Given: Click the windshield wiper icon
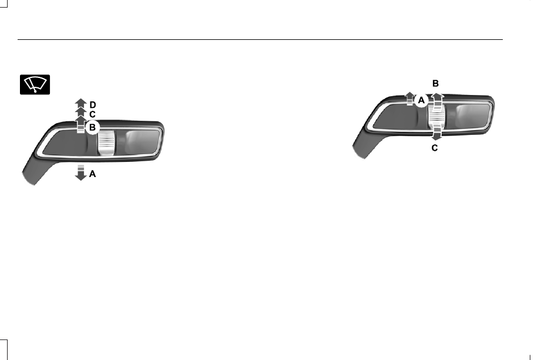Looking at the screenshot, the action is coord(35,84).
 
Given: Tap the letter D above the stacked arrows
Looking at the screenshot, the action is coord(93,105).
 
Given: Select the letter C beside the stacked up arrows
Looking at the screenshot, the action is coord(92,114).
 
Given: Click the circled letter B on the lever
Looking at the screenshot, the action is coord(92,128).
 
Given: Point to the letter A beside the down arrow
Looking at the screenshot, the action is coord(92,174).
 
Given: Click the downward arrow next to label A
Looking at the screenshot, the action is coord(80,172).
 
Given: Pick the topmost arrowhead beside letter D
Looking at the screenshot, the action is coord(81,102).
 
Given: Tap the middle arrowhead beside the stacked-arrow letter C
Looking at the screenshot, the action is coord(81,111).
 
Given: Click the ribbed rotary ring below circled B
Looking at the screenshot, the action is coord(106,143).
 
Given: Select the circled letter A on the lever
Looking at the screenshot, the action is coord(421,100).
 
